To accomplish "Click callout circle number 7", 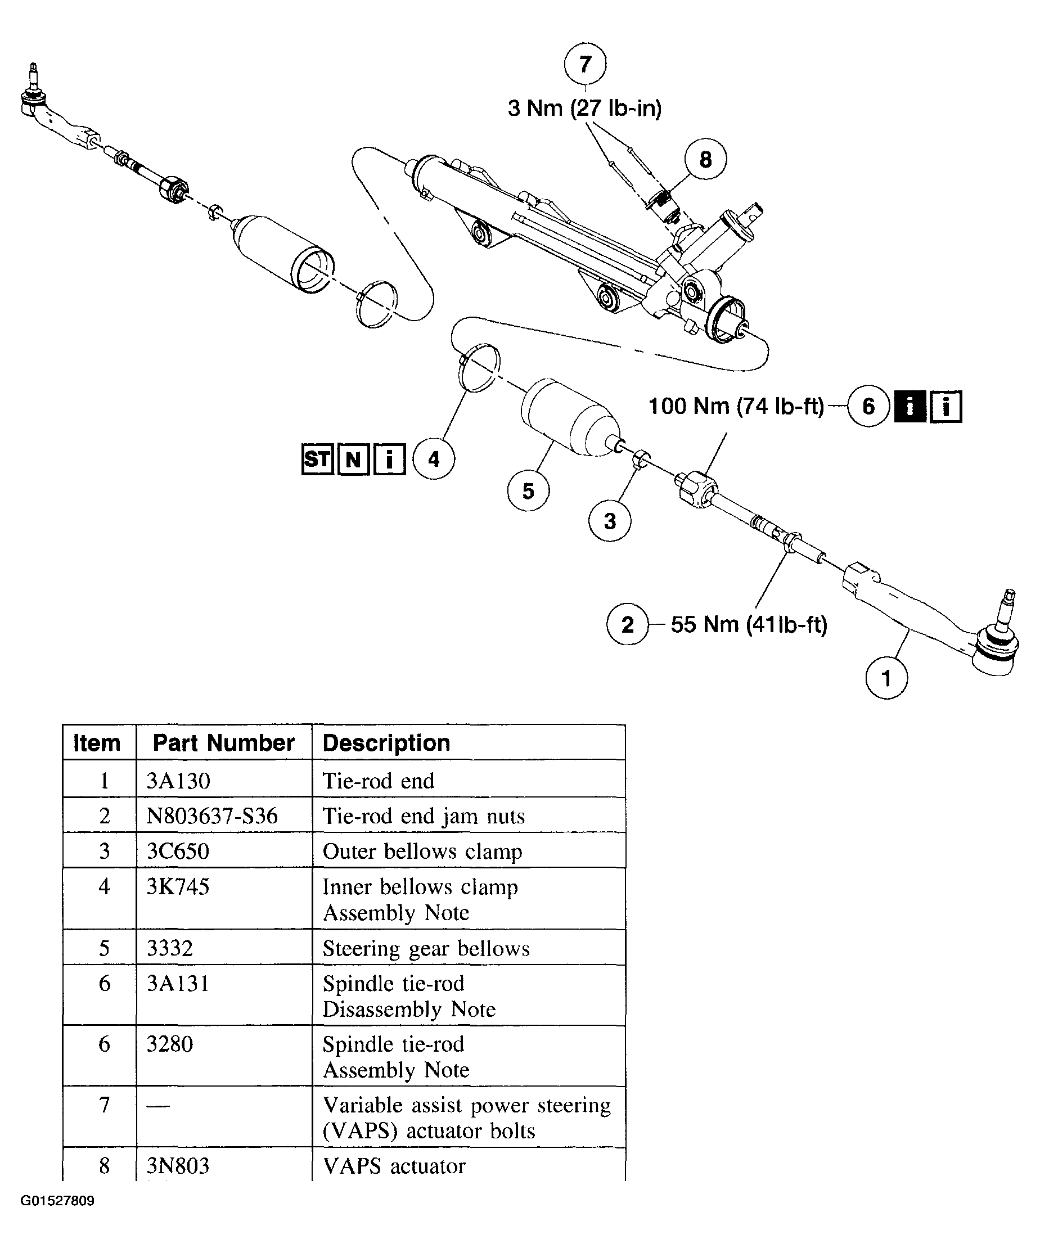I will point(585,64).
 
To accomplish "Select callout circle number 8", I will point(705,159).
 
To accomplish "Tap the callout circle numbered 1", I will point(886,678).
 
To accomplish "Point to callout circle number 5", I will point(528,491).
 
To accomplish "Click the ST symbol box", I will point(317,459).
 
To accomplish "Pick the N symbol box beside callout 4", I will point(353,459).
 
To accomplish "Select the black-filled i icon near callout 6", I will point(910,407).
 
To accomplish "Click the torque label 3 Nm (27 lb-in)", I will point(584,108).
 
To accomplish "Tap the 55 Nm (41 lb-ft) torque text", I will point(749,625).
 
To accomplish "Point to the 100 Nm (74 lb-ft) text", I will point(736,407).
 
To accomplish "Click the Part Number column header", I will point(223,743).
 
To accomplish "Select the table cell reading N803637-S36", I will point(212,816).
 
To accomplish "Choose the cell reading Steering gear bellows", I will point(426,948).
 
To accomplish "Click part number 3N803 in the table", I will point(178,1166).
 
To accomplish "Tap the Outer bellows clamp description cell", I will point(422,851).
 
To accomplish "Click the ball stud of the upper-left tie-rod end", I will point(33,83).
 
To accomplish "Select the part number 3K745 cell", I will point(178,887).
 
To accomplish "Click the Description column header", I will point(386,743).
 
